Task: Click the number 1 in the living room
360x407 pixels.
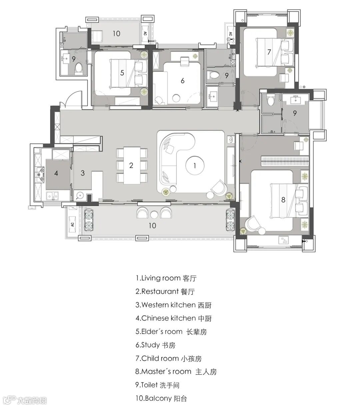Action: click(194, 166)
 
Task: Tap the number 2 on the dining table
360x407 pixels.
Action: click(131, 165)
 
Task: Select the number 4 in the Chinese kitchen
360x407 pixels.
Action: click(56, 173)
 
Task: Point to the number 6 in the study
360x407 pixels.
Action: click(182, 81)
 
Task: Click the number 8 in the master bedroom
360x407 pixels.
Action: click(283, 200)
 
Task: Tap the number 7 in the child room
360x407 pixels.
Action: click(269, 52)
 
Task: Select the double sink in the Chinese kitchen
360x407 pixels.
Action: click(52, 196)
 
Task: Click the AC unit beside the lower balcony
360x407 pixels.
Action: click(72, 224)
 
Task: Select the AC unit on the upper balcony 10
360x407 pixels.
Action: click(145, 33)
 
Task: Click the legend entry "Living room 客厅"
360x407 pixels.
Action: click(166, 278)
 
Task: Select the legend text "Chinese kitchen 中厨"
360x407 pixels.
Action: click(174, 318)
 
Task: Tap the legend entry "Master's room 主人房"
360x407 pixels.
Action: click(176, 372)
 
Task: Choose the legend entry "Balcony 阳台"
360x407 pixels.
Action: click(161, 398)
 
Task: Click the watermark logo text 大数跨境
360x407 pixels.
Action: click(32, 395)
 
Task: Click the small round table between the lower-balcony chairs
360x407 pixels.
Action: click(154, 214)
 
